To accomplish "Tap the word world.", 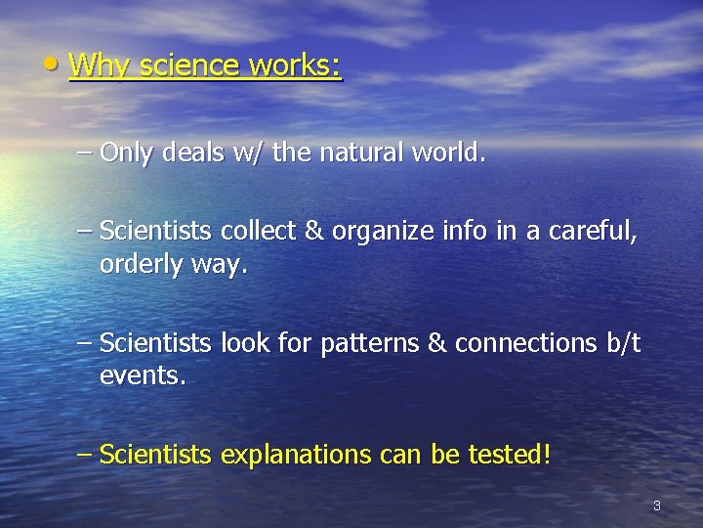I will pyautogui.click(x=448, y=153).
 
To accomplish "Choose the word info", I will pyautogui.click(x=456, y=231).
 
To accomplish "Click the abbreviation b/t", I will pyautogui.click(x=624, y=343).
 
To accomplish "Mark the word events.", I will pyautogui.click(x=143, y=376).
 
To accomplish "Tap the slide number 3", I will pyautogui.click(x=656, y=506).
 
